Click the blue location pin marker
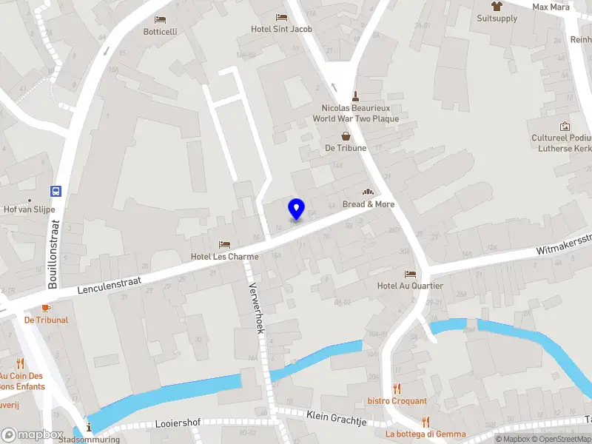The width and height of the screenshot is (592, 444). click(x=296, y=209)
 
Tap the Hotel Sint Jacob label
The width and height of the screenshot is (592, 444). click(x=281, y=30)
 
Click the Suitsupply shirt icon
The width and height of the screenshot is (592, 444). click(x=497, y=6)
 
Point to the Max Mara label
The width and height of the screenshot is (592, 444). click(x=551, y=7)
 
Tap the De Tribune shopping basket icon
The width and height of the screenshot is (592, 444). click(x=346, y=135)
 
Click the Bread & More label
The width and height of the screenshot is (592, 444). click(x=369, y=204)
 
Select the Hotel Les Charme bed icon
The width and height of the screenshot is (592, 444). click(x=225, y=244)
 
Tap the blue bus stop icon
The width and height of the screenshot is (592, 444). click(x=56, y=191)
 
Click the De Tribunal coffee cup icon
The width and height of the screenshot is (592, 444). click(x=46, y=308)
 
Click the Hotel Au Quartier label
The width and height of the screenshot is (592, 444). click(x=410, y=286)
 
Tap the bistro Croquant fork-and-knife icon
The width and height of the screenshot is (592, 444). click(x=397, y=388)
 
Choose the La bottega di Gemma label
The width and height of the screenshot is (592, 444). click(x=425, y=434)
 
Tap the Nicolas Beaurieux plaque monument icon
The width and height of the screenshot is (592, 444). click(x=355, y=95)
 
